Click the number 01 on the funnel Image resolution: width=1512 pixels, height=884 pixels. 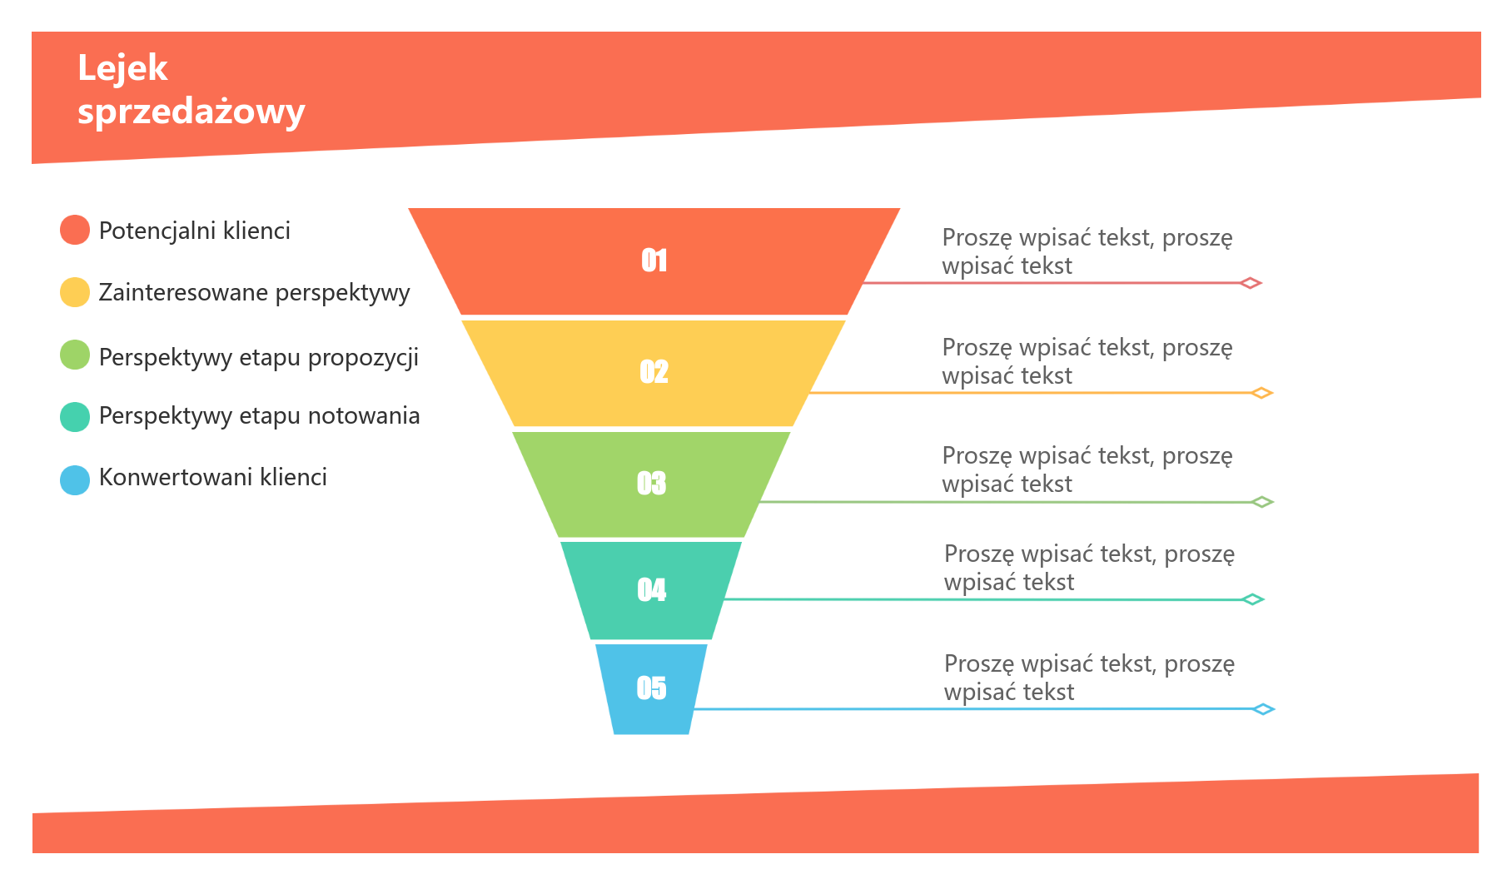coord(654,261)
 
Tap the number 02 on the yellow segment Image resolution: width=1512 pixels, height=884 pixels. coord(654,371)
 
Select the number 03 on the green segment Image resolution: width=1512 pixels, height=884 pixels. coord(652,483)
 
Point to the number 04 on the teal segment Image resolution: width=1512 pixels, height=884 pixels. coord(652,589)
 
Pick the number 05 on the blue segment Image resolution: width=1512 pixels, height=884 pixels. coord(652,688)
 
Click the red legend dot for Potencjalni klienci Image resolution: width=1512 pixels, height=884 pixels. coord(75,230)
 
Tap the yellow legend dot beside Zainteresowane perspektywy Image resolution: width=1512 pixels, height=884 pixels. coord(75,292)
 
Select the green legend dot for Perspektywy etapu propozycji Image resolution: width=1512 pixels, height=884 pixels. coord(75,355)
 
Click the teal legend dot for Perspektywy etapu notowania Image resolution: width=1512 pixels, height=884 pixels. coord(75,417)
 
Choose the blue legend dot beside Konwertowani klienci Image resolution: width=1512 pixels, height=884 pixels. coord(75,480)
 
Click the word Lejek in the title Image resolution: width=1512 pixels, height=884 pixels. coord(122,68)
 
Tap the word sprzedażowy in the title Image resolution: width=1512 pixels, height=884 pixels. coord(191,112)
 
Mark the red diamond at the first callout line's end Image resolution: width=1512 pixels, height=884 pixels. coord(1251,283)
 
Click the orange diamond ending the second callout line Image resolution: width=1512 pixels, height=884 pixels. coord(1262,393)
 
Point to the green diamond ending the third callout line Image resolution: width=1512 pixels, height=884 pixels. coord(1262,502)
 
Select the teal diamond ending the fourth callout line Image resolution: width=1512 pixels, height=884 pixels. coord(1252,599)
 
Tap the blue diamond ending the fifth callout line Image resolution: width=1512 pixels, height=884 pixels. coord(1264,709)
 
